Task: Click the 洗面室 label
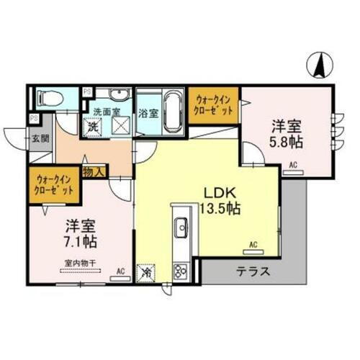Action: coord(104,112)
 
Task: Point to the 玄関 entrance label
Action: coord(38,138)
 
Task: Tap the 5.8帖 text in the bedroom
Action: coord(286,142)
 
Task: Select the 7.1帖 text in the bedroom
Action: coord(79,239)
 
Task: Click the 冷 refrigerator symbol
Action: coord(145,272)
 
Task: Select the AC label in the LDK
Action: coord(253,246)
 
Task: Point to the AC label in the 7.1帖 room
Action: coord(120,271)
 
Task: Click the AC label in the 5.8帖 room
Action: coord(293,165)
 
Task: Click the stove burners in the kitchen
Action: coord(180,271)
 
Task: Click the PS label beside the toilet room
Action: coord(86,91)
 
